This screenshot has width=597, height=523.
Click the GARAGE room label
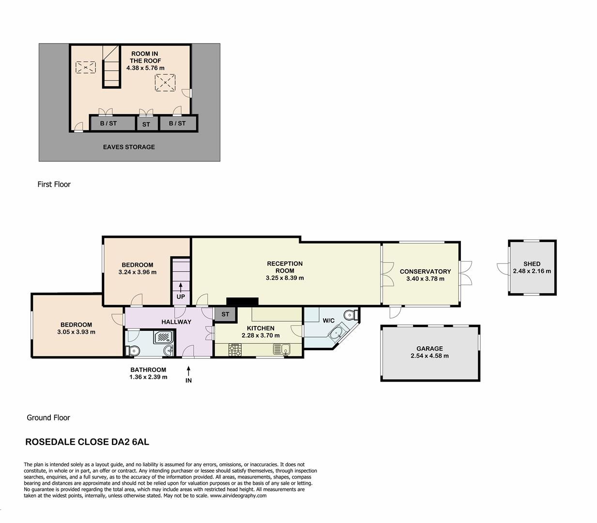(429, 348)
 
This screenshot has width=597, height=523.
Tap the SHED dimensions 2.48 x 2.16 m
(532, 271)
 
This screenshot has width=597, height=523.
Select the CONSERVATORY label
(425, 271)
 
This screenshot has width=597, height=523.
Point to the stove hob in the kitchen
(235, 350)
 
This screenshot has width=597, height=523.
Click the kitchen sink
(281, 349)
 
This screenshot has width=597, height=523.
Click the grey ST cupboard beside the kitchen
(225, 314)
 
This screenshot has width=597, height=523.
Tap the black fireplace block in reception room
(242, 301)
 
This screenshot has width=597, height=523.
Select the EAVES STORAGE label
(129, 147)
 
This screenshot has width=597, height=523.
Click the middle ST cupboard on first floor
(146, 124)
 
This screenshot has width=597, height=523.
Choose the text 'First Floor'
(54, 184)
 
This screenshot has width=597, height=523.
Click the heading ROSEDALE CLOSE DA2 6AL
(87, 442)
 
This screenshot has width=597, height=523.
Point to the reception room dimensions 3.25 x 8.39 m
(285, 278)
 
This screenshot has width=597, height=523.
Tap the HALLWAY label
(176, 322)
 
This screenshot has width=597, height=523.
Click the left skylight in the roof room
(86, 67)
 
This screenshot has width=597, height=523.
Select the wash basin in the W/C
(335, 333)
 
